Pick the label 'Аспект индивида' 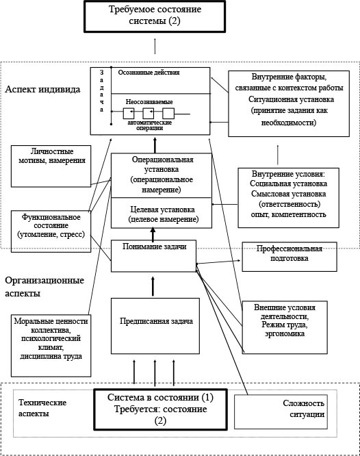click(x=42, y=90)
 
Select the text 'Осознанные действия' click(x=149, y=71)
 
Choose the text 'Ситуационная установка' click(x=283, y=99)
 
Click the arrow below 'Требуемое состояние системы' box click(x=155, y=46)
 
